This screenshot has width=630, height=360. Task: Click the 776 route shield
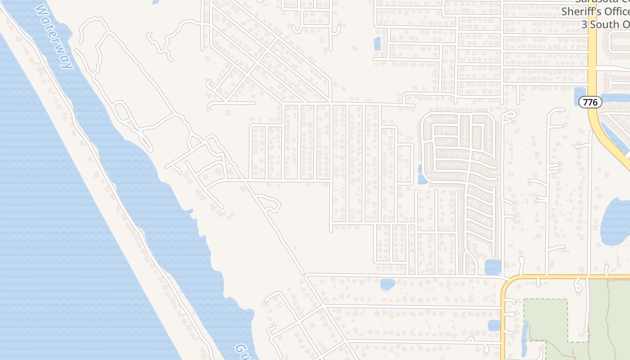(x=590, y=102)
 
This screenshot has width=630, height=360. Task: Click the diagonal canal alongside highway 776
(x=615, y=138)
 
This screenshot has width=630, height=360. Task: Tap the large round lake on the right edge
(x=616, y=220)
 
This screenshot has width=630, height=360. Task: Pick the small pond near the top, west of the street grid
(x=377, y=44)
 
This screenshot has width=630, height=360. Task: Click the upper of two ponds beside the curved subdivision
(x=420, y=169)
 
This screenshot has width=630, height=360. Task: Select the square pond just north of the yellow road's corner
(x=493, y=267)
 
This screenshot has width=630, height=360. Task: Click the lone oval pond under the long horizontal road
(x=387, y=284)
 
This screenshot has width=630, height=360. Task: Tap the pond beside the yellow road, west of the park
(x=494, y=325)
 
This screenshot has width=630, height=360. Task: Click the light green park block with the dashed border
(x=545, y=319)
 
